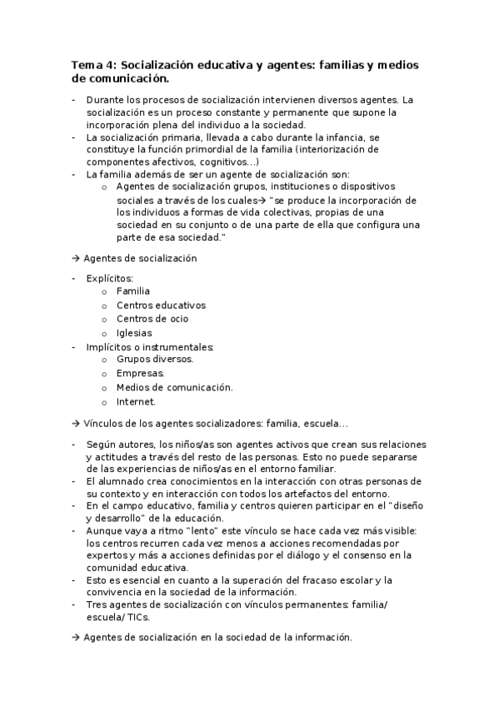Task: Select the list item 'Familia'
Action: tap(133, 291)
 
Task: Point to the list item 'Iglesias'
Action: tap(134, 332)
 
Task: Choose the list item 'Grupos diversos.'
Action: tap(155, 359)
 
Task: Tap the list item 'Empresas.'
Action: tap(140, 373)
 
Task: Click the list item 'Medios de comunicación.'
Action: tap(174, 387)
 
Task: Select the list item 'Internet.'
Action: tap(136, 400)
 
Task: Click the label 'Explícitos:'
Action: tap(109, 278)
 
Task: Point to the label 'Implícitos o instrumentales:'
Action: tap(150, 346)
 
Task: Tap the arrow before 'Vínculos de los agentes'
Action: tap(75, 423)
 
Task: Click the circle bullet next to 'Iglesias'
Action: tap(104, 333)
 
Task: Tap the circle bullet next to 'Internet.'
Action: tap(104, 401)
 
